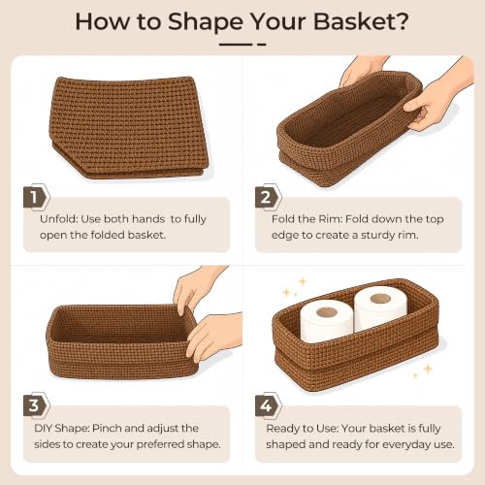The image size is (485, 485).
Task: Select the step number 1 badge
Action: [37, 197]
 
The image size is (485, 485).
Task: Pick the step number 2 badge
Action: [268, 197]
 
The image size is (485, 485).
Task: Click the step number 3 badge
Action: [37, 405]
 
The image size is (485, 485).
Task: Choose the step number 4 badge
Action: [268, 405]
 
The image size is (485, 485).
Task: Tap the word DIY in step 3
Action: [43, 428]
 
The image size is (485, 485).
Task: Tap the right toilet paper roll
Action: [379, 307]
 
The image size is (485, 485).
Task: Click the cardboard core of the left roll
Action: [327, 312]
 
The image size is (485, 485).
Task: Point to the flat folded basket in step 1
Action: [129, 128]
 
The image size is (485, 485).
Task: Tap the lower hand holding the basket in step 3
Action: [213, 337]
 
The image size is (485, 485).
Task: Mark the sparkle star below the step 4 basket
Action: [428, 369]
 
